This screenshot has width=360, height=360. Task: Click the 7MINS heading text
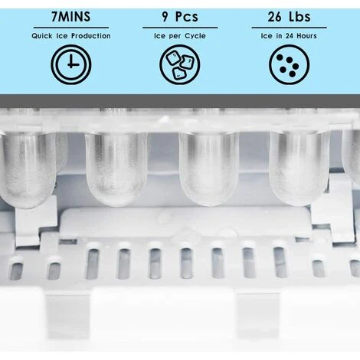pos(71,17)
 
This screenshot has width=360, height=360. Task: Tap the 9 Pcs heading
pos(180,17)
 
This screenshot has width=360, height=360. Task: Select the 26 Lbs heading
pos(289,17)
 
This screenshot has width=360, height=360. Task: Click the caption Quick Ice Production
pos(71,36)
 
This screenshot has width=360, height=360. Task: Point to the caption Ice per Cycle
pos(180,36)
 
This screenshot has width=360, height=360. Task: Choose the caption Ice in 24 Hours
pos(289,36)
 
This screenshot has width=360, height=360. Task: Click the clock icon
pos(71,64)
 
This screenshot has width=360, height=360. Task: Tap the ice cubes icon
pos(180,64)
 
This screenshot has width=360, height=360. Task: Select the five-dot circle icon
pos(289,64)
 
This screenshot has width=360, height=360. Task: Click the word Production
pos(91,36)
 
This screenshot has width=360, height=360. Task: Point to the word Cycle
pos(195,36)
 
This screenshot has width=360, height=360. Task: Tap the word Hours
pos(306,36)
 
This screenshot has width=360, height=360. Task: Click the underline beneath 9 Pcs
pos(180,28)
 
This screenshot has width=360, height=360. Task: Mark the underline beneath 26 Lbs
pos(289,28)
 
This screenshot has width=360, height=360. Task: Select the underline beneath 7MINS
pos(71,28)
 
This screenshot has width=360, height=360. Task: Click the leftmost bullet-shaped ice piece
pos(28,169)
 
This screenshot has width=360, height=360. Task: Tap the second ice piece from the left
pos(116,169)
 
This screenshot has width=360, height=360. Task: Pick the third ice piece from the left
pos(209,169)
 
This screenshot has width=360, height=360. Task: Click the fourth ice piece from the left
pos(299,167)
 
